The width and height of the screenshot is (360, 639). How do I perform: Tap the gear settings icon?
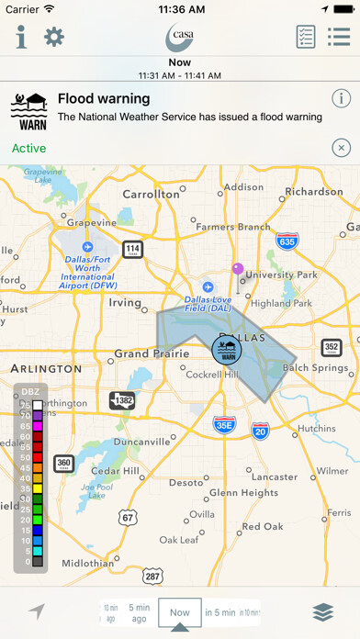54,37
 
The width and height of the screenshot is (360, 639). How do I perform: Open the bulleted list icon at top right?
339,37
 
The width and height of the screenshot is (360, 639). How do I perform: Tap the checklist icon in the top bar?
306,37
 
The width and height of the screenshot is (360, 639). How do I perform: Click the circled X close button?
341,148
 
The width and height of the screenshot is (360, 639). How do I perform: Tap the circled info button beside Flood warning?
341,98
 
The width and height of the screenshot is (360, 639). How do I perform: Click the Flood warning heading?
103,97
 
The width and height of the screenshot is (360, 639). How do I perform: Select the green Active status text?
29,148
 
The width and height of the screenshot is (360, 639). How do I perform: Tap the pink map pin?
238,271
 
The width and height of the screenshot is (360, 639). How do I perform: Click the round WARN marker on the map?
224,350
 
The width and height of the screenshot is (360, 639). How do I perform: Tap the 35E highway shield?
224,424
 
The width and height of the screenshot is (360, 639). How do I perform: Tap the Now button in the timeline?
180,612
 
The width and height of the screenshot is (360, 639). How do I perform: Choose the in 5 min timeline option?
219,612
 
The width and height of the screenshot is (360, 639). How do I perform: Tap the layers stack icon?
322,612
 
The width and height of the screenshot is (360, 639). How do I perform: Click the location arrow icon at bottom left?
36,612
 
